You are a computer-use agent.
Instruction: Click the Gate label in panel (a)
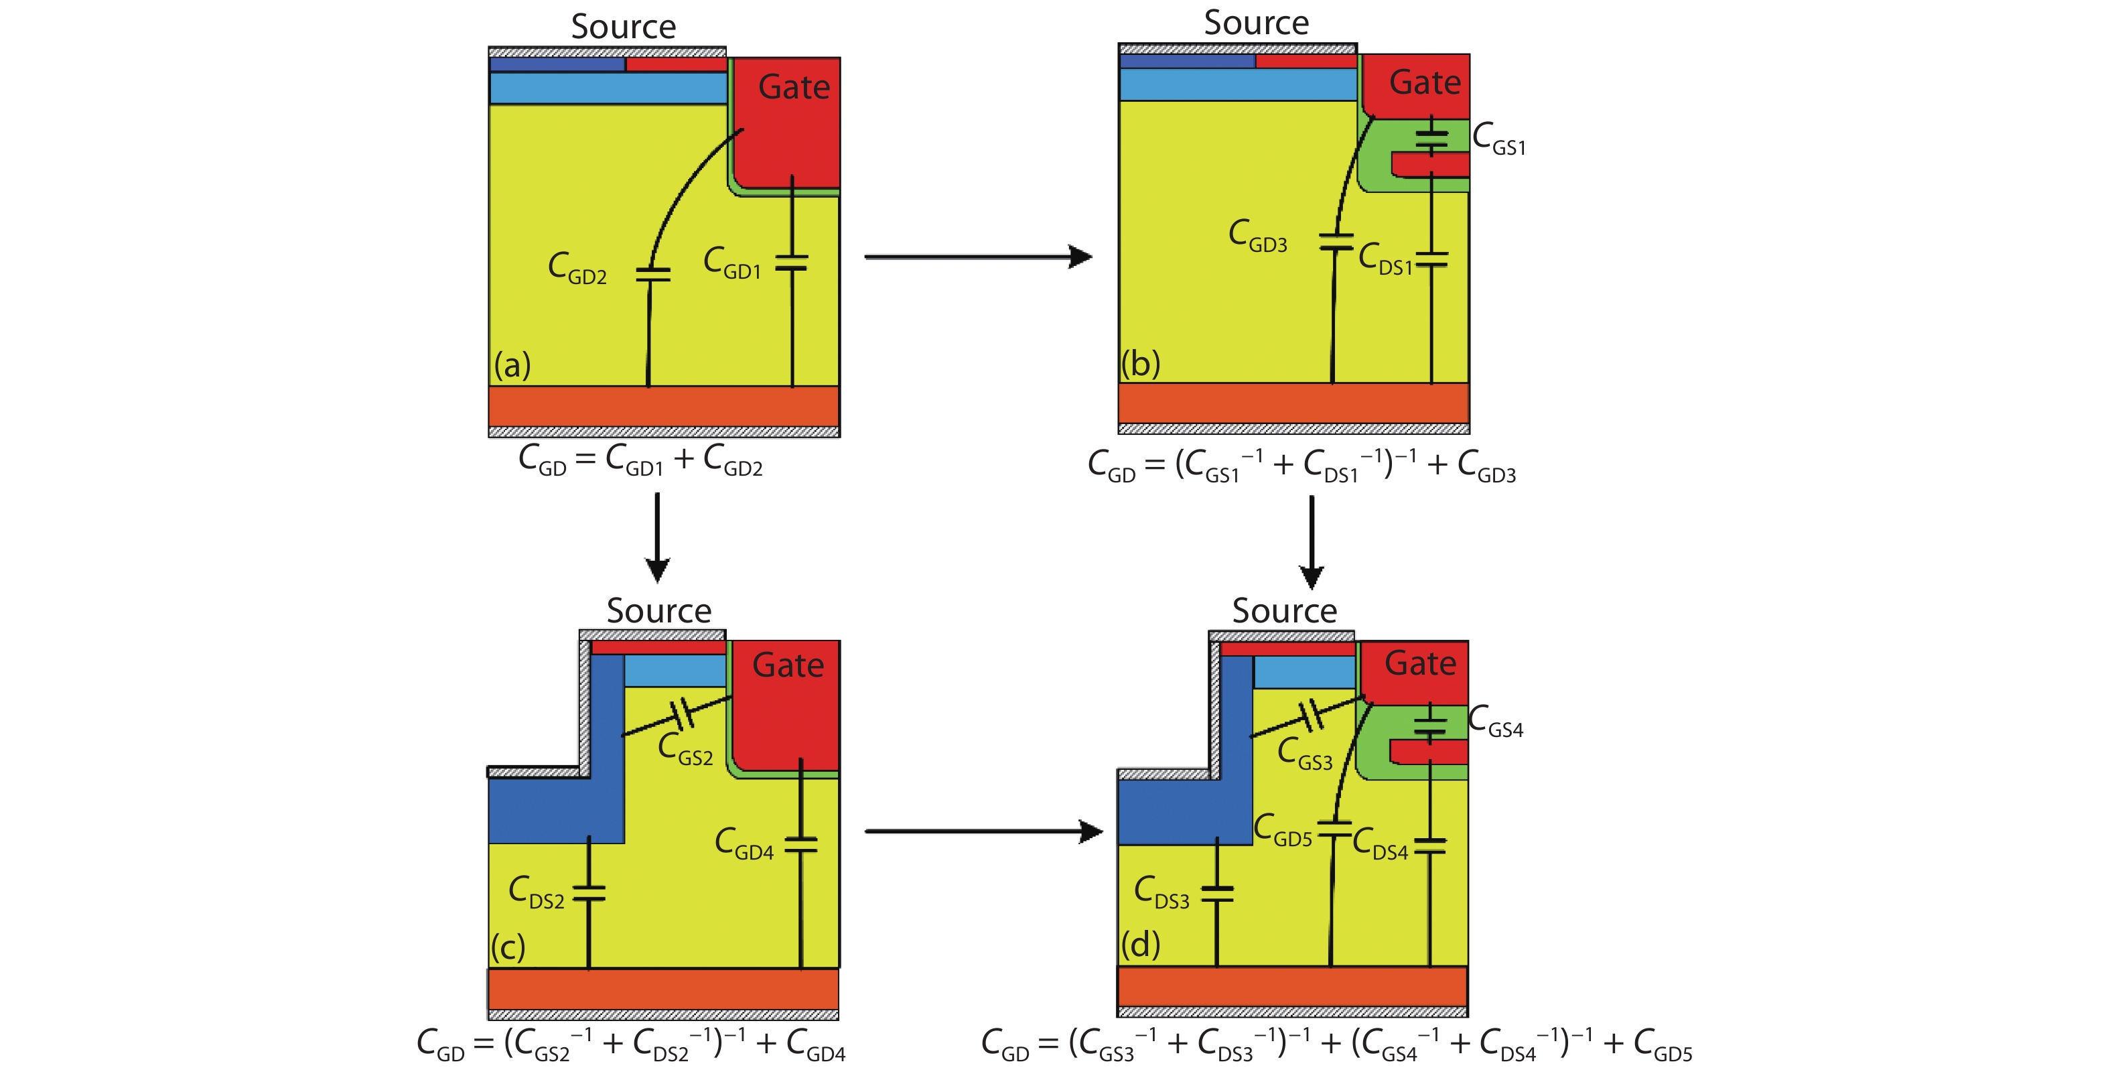pos(793,87)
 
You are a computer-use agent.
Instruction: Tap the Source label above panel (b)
pos(1256,23)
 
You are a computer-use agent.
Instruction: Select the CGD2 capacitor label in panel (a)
pos(577,268)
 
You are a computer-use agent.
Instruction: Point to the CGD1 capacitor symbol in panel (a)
pos(791,263)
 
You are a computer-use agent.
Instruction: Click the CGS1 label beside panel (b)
pos(1498,139)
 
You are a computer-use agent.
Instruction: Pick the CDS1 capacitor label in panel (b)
pos(1385,259)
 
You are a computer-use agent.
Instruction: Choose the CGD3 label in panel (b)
pos(1257,236)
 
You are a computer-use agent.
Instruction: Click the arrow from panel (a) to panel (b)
pos(978,257)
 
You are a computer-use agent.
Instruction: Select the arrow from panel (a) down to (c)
pos(657,537)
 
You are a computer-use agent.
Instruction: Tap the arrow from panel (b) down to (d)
pos(1312,541)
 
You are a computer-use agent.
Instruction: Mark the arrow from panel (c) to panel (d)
pos(983,831)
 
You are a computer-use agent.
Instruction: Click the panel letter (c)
pos(508,948)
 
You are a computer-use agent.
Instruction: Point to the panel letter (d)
pos(1140,945)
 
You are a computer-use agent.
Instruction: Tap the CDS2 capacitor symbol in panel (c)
pos(589,893)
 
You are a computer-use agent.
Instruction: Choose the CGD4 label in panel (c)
pos(744,844)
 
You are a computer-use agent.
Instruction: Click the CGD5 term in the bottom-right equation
pos(1662,1045)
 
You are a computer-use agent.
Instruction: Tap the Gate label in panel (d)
pos(1419,663)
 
